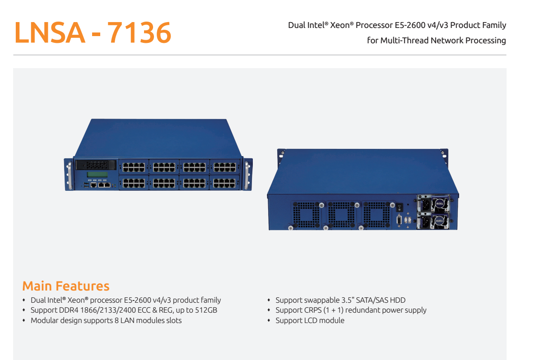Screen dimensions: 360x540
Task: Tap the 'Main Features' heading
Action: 66,286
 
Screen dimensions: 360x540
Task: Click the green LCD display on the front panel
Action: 97,175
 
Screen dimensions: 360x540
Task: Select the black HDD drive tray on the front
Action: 97,165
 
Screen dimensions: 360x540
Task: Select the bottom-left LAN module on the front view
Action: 133,182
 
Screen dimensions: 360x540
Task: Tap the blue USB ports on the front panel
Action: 86,185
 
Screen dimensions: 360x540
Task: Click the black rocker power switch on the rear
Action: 399,208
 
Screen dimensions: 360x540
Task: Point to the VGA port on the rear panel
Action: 399,221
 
